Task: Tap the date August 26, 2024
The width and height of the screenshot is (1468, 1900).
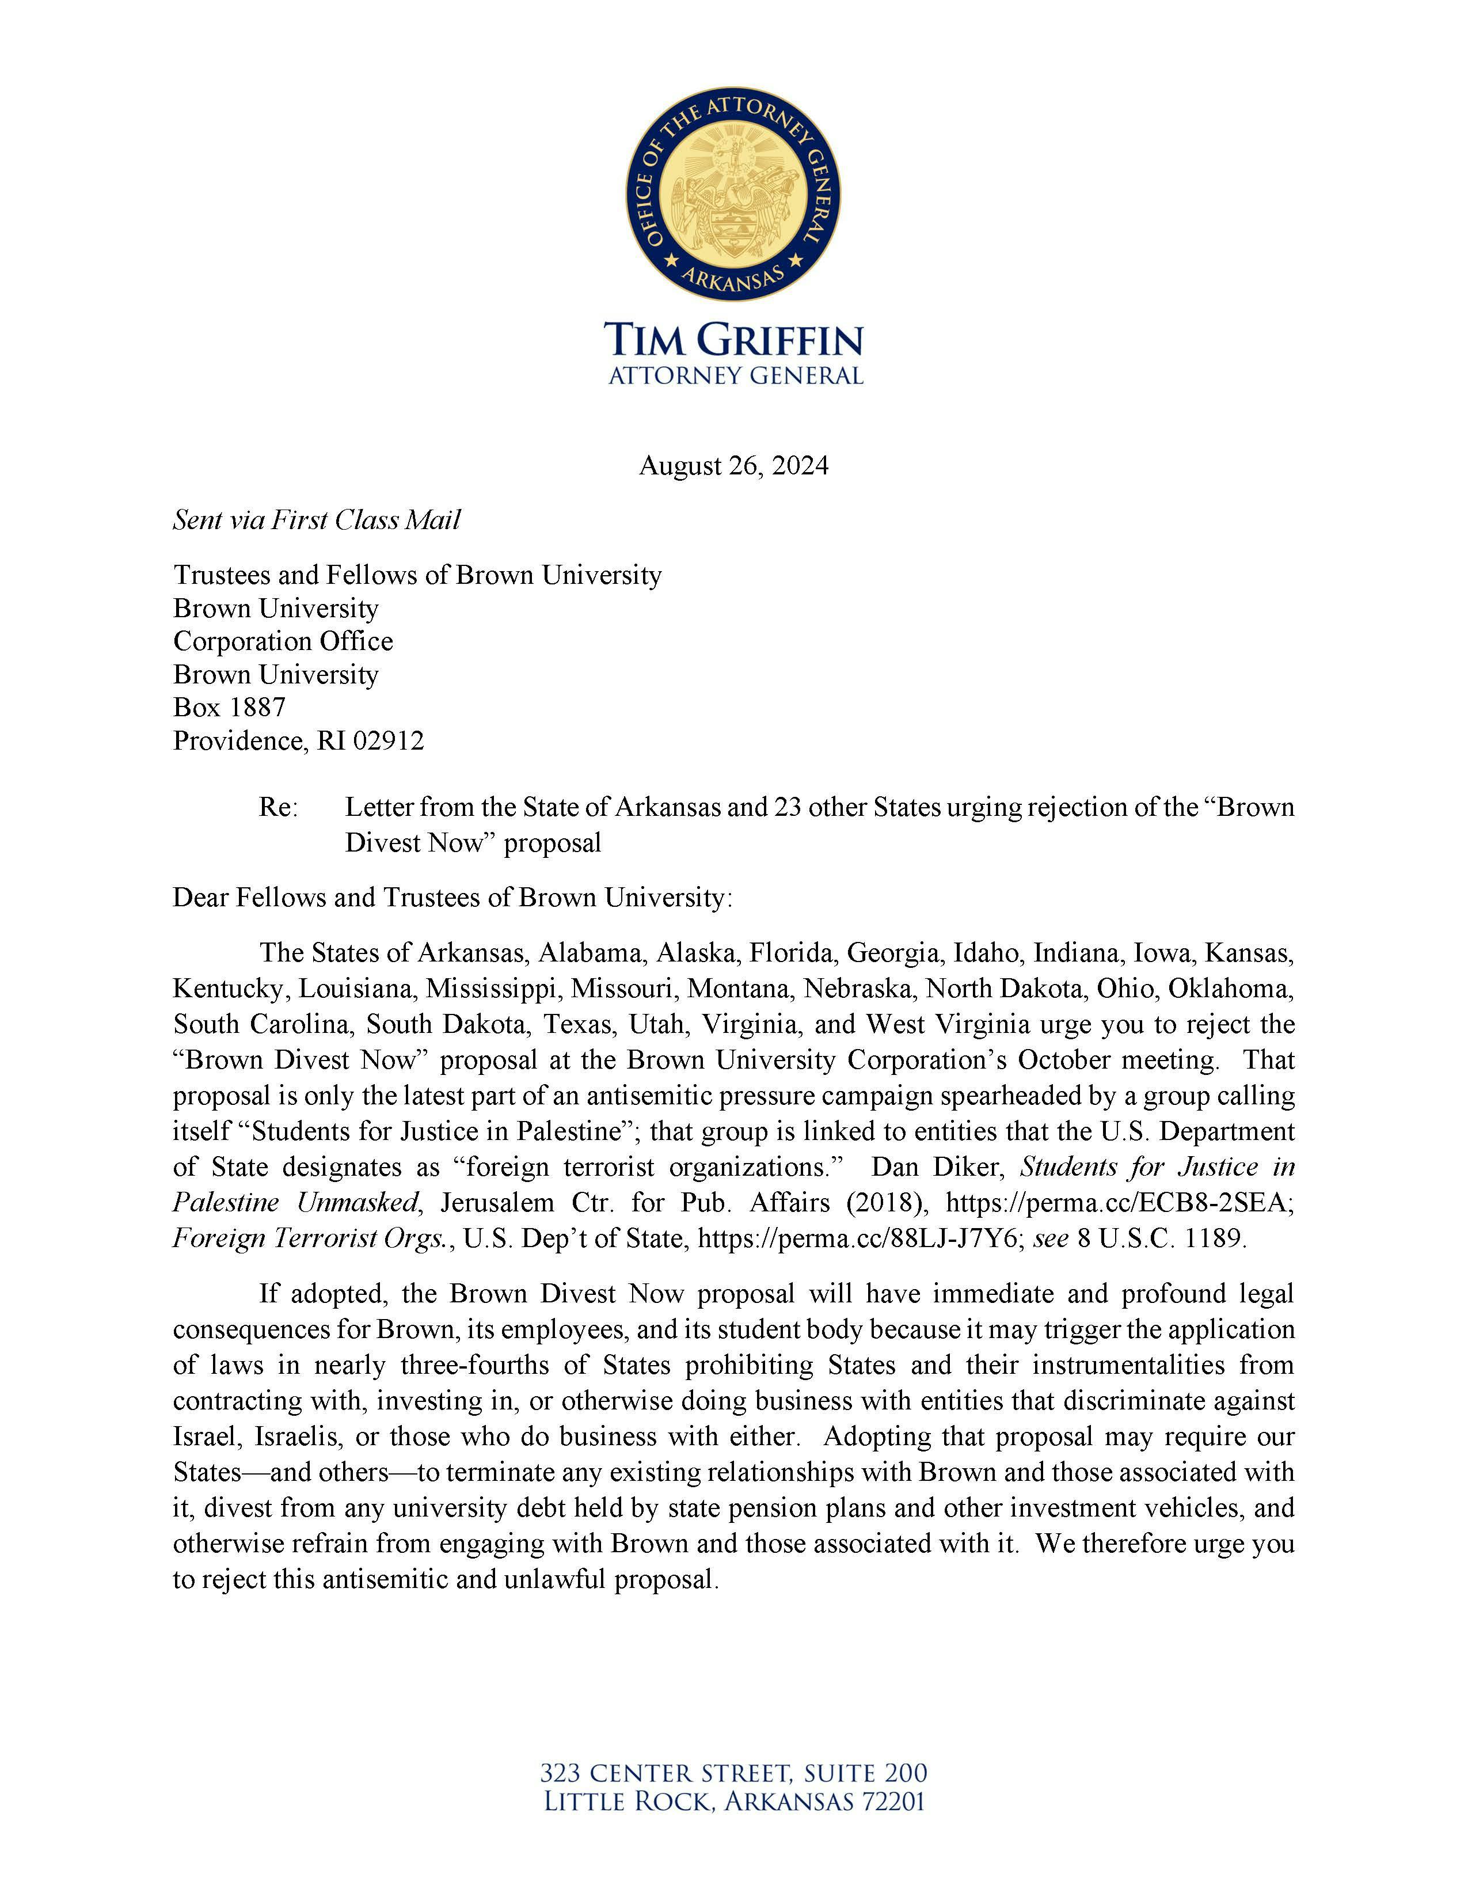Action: [x=733, y=466]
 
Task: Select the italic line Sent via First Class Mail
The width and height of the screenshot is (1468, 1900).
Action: [x=317, y=520]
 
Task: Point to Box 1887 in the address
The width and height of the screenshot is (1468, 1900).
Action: [x=230, y=707]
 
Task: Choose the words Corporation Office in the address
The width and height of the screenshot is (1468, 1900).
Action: [x=283, y=641]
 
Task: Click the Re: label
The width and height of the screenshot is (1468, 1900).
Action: [x=277, y=807]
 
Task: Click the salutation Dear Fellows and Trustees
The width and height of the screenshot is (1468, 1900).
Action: [x=452, y=897]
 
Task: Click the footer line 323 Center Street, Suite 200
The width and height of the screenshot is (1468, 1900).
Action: [x=733, y=1772]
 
